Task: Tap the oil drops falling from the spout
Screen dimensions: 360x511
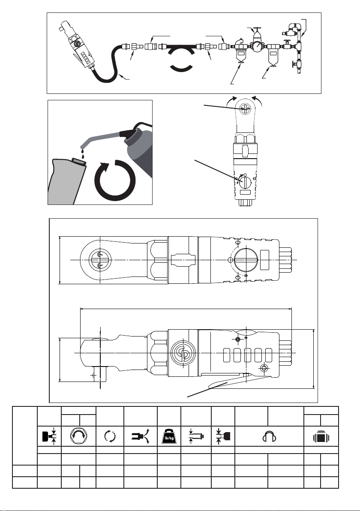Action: point(82,153)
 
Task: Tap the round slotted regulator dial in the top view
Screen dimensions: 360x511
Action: point(246,260)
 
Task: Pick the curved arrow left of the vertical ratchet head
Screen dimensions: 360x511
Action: point(231,100)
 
